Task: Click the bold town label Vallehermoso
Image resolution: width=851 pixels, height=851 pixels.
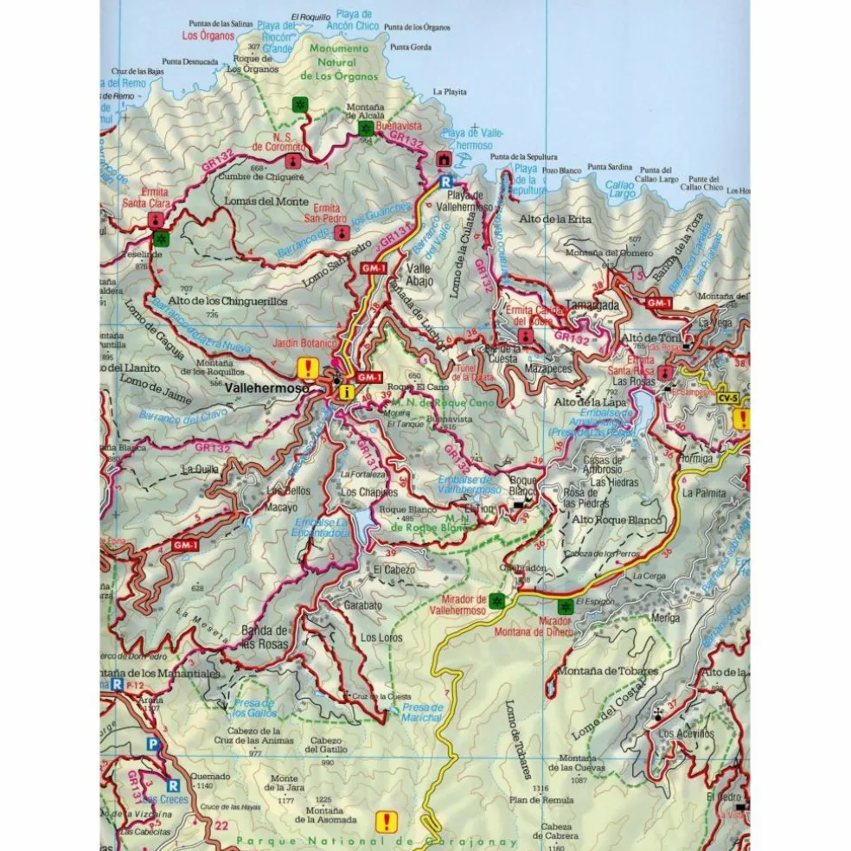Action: pos(266,390)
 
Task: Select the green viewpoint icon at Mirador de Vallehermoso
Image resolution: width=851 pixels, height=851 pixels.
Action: pos(496,598)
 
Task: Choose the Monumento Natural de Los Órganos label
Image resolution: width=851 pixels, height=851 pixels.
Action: pos(341,62)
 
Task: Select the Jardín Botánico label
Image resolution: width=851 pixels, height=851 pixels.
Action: pos(304,343)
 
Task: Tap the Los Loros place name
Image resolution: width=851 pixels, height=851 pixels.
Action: pos(381,637)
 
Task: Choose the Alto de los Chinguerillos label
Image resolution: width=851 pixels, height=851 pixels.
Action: pos(227,300)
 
